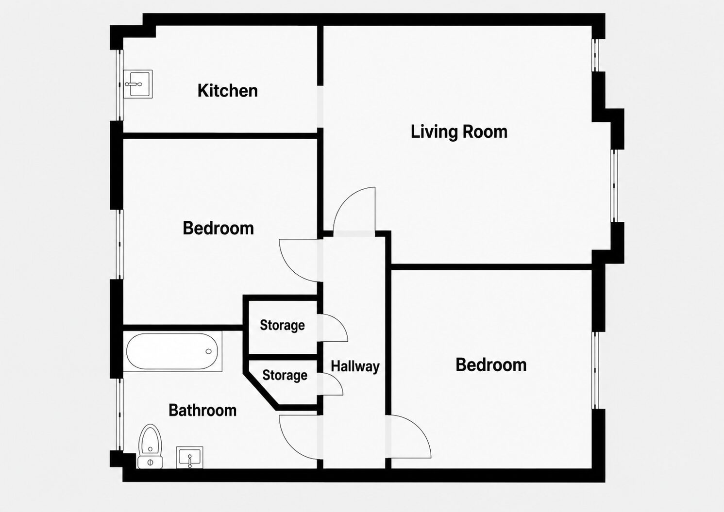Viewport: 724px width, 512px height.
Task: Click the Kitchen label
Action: click(x=228, y=90)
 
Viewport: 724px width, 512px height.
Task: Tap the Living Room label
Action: click(x=459, y=132)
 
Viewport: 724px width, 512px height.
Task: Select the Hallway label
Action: click(x=355, y=366)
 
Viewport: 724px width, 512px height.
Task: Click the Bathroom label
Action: click(x=202, y=410)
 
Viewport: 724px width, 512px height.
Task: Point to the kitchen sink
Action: click(x=138, y=84)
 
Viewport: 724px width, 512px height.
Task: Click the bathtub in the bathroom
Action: click(x=172, y=351)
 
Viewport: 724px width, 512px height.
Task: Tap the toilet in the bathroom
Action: click(x=150, y=446)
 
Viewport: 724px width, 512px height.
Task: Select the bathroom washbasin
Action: click(x=190, y=458)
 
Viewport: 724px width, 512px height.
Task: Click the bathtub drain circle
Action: click(x=209, y=351)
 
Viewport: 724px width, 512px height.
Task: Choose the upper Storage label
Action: click(x=282, y=325)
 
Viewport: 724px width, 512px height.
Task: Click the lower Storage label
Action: click(x=285, y=375)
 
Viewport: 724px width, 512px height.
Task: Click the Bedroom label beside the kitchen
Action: click(x=219, y=228)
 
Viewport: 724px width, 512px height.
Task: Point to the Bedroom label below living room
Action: click(x=491, y=364)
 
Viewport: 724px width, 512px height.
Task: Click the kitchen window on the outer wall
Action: click(x=120, y=85)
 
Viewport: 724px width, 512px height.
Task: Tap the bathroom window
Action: click(x=120, y=414)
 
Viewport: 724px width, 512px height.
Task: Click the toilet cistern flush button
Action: click(x=150, y=462)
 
